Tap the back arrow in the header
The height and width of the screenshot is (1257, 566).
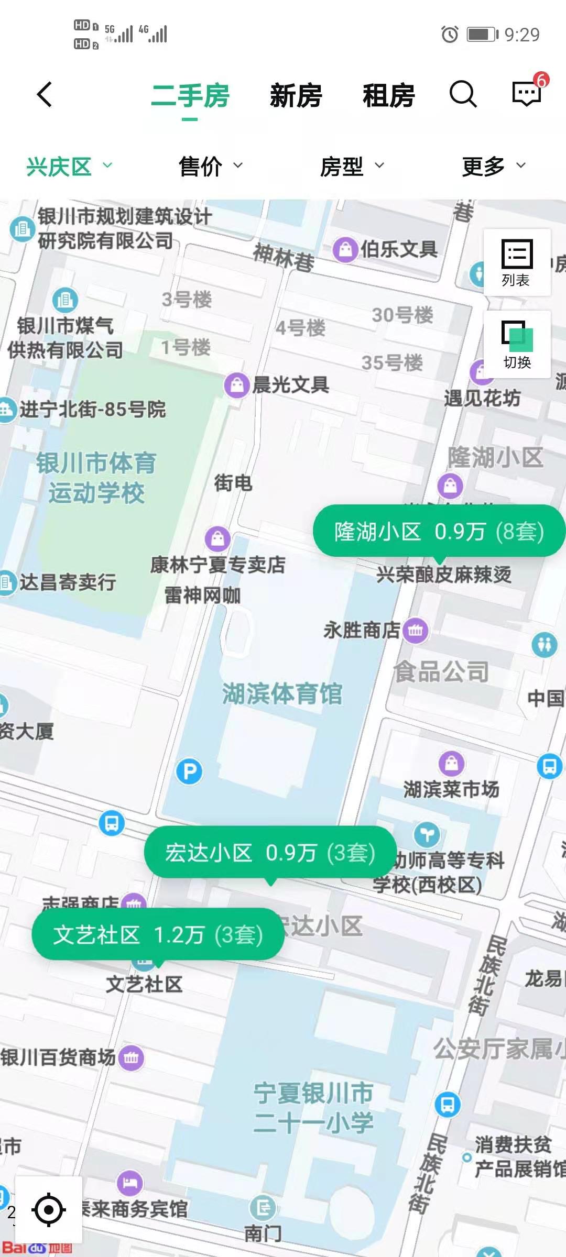click(x=45, y=95)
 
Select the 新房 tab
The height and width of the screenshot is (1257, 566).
click(x=296, y=96)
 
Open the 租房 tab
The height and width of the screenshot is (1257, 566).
click(x=388, y=96)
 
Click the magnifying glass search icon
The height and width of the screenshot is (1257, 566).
click(x=463, y=95)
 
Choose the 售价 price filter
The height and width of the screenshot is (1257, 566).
click(x=210, y=167)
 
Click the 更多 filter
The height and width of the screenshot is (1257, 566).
click(x=493, y=167)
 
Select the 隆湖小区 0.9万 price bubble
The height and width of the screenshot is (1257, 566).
click(x=439, y=532)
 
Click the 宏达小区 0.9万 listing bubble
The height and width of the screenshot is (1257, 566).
click(x=270, y=853)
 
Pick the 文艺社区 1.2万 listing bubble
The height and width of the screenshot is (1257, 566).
click(x=158, y=935)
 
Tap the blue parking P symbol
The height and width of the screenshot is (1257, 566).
click(x=189, y=771)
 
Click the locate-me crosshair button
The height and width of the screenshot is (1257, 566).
click(x=49, y=1209)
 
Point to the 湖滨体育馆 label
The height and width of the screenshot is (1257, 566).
click(x=282, y=694)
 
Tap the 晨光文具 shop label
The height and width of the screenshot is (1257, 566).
click(x=290, y=385)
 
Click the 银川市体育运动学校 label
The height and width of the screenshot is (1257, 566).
click(x=96, y=478)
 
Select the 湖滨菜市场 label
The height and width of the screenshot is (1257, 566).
click(x=451, y=789)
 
